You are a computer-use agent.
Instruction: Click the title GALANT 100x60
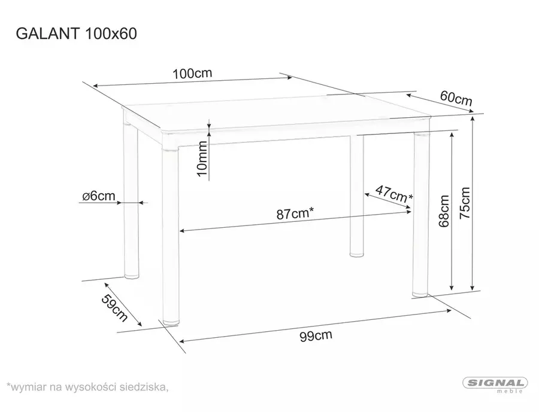(x=76, y=33)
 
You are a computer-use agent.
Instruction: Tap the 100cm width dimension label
(x=192, y=73)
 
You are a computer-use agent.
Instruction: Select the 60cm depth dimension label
(x=456, y=99)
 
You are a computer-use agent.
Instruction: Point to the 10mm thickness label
(x=202, y=158)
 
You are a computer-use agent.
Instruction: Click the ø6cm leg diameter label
(x=99, y=196)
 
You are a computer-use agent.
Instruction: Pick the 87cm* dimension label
(x=295, y=213)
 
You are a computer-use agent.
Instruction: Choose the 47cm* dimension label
(x=393, y=193)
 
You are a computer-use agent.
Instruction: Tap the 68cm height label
(x=444, y=211)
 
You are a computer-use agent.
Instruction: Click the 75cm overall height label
(x=464, y=203)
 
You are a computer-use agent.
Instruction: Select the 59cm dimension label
(x=114, y=308)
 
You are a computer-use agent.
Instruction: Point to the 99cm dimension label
(x=316, y=335)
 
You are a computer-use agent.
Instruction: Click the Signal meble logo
(x=495, y=385)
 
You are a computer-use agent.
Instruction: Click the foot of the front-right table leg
(x=420, y=294)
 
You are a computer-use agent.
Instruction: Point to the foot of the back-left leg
(x=132, y=275)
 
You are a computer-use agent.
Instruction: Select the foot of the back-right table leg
(x=357, y=254)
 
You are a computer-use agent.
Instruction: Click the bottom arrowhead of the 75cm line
(x=473, y=287)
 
